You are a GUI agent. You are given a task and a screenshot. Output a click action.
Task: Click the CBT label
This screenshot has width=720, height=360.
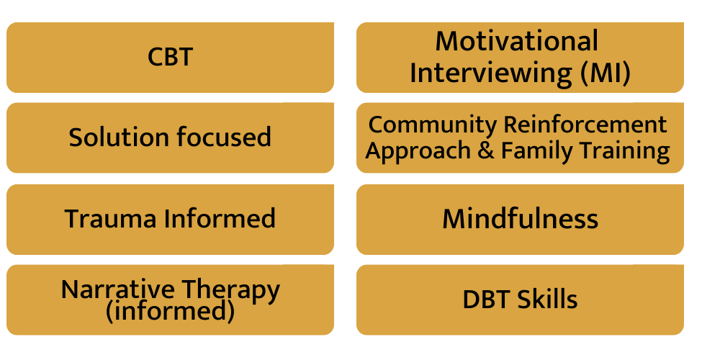click(x=170, y=57)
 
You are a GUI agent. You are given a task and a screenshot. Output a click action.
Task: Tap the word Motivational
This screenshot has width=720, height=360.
click(x=516, y=41)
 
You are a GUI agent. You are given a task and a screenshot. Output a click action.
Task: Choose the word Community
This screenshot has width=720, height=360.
click(x=433, y=125)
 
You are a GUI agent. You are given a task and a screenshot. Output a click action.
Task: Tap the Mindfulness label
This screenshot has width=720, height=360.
click(x=520, y=219)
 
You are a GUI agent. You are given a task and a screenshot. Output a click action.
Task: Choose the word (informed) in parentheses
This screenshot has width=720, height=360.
click(x=170, y=311)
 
